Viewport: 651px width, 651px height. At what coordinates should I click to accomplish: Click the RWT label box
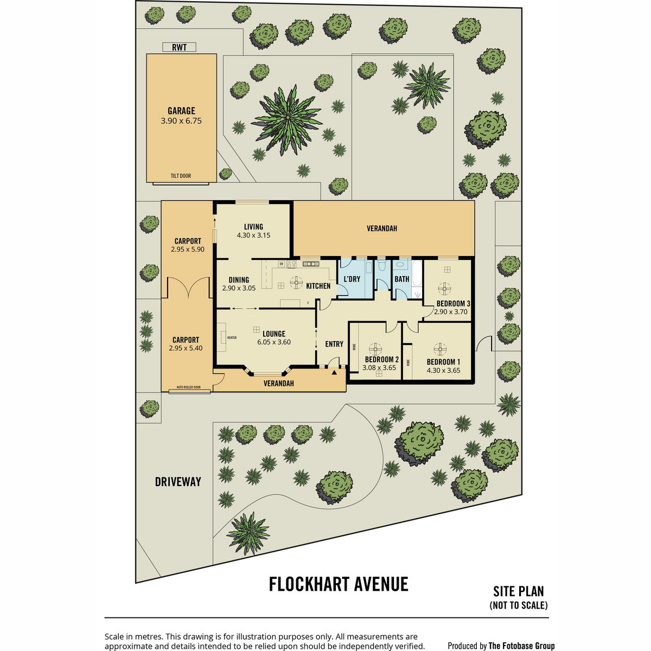[179, 47]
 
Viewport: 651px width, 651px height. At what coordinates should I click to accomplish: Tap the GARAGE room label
[181, 111]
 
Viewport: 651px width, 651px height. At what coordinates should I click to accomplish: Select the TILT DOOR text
[181, 176]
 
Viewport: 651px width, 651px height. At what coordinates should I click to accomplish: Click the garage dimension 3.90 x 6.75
[181, 120]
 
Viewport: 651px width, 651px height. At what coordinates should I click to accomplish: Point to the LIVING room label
[253, 227]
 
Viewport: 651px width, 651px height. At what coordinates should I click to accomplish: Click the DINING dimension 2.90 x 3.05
[239, 288]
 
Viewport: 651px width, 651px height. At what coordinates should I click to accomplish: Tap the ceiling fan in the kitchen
[296, 283]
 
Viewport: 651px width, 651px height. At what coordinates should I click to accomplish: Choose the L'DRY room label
[352, 279]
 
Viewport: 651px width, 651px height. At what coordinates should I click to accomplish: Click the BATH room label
[401, 279]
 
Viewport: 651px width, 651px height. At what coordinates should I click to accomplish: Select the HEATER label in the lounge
[232, 337]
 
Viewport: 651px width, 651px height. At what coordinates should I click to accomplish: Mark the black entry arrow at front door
[334, 373]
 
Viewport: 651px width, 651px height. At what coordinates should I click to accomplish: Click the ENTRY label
[334, 344]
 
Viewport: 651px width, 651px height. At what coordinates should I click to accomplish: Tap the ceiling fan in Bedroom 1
[440, 349]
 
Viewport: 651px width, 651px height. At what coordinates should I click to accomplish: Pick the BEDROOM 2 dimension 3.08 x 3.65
[379, 368]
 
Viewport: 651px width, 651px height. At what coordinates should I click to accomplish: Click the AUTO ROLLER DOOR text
[188, 387]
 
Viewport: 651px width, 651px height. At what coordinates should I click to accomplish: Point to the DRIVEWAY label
[178, 481]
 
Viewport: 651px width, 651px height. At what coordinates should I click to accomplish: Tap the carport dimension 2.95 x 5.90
[188, 250]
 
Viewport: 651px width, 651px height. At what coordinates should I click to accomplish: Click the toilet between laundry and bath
[382, 265]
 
